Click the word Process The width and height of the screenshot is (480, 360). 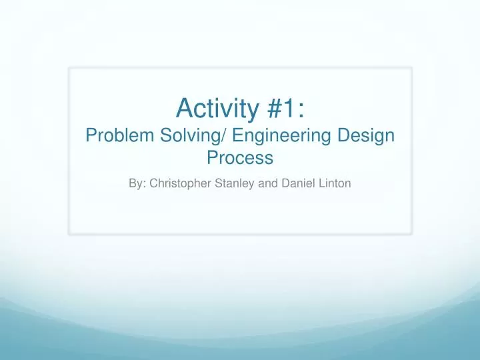point(240,159)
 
